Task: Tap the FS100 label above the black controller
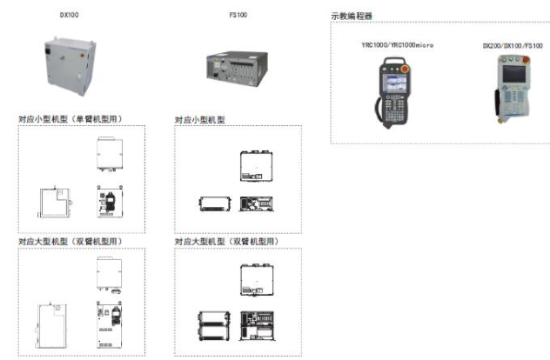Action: [238, 15]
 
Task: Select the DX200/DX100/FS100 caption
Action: [512, 44]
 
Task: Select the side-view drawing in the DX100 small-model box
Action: [54, 203]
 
